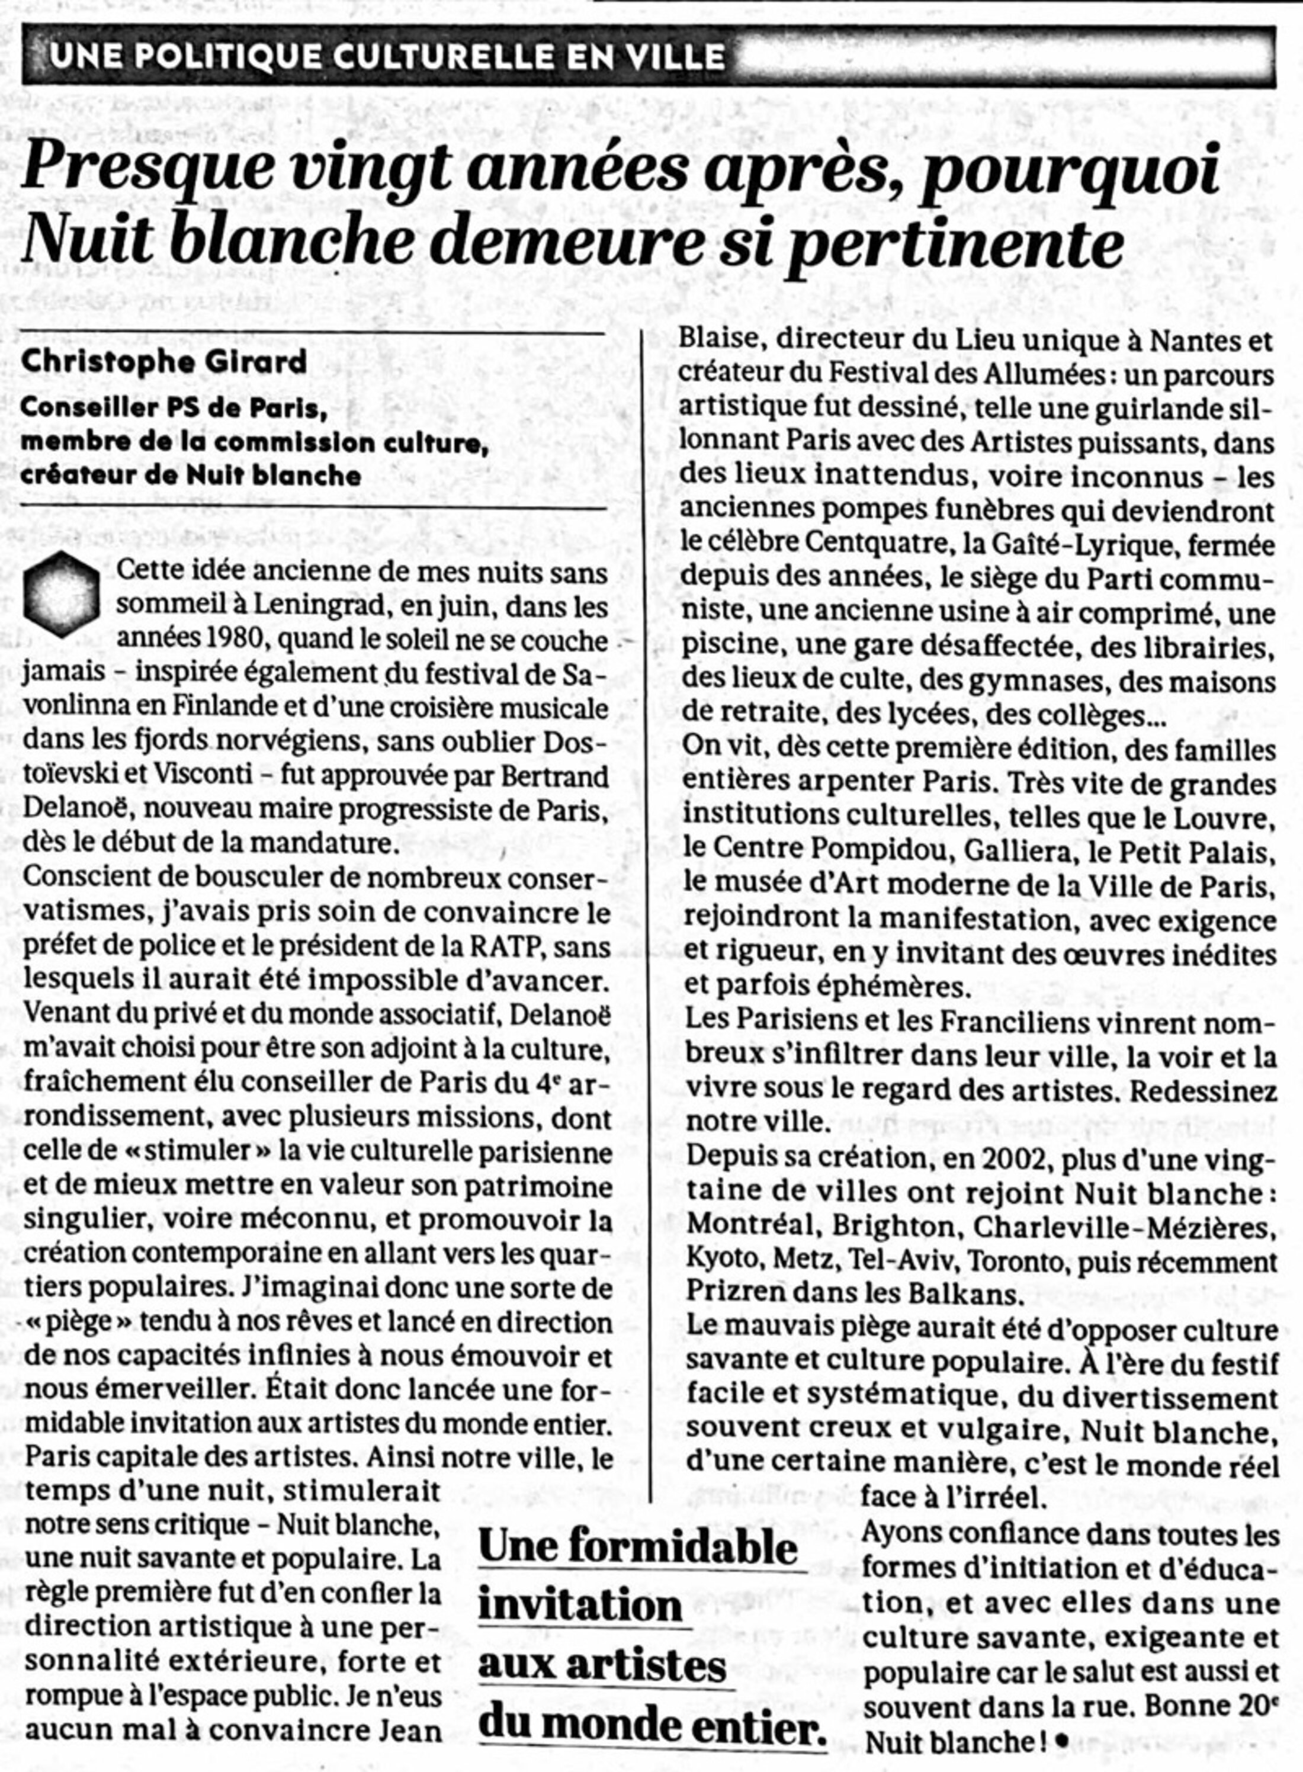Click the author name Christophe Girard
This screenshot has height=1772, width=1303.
point(164,362)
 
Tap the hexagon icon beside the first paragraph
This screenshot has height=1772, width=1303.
point(62,595)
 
